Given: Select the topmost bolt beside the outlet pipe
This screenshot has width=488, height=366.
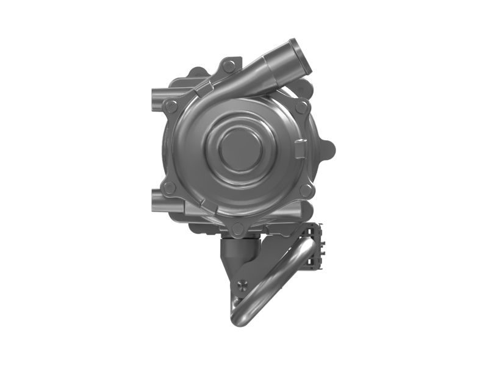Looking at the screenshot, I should coord(229,65).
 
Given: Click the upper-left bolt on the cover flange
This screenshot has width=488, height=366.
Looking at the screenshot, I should coord(171,106).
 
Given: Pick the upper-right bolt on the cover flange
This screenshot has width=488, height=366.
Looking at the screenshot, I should coord(301,107).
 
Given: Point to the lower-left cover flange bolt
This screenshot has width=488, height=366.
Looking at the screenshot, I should coord(169,187).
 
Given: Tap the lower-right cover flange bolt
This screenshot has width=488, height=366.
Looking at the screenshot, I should coord(304,190).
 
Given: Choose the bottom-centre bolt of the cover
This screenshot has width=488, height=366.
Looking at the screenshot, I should coord(238,230).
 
